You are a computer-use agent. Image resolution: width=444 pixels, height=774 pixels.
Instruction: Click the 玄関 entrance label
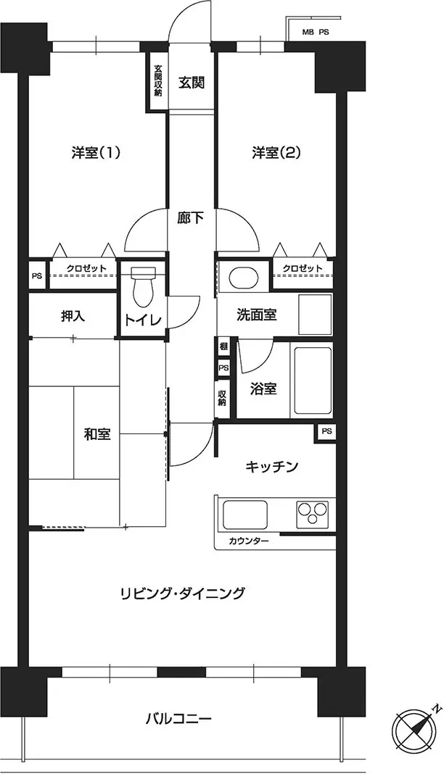pos(191,83)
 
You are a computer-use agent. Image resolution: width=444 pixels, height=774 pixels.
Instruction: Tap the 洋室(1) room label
pos(96,153)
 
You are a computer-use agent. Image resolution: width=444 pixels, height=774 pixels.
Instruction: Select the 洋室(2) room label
pos(276,153)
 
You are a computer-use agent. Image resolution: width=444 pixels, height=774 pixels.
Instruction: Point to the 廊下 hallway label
pos(191,217)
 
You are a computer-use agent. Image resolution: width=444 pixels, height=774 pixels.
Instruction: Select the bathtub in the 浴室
pos(313,381)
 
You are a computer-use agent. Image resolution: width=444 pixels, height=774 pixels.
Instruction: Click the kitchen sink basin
pos(245,515)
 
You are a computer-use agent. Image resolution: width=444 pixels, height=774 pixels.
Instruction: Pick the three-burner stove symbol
pos(312,513)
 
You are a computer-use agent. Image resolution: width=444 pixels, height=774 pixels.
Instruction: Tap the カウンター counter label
pos(248,541)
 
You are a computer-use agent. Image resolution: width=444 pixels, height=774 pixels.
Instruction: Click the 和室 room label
pos(97,434)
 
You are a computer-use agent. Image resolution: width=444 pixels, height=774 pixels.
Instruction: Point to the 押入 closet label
pos(73,316)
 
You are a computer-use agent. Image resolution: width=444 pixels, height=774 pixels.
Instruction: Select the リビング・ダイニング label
pos(183,592)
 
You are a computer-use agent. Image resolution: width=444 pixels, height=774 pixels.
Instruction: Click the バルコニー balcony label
pos(178,717)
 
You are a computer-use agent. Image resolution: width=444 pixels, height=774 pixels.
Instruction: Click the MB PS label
pos(316,33)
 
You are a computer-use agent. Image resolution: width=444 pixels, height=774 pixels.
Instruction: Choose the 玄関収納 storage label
pos(157,80)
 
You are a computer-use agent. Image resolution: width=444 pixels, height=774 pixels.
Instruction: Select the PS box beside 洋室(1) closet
pos(37,276)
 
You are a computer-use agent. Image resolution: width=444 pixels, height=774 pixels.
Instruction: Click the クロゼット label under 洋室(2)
pos(303,268)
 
